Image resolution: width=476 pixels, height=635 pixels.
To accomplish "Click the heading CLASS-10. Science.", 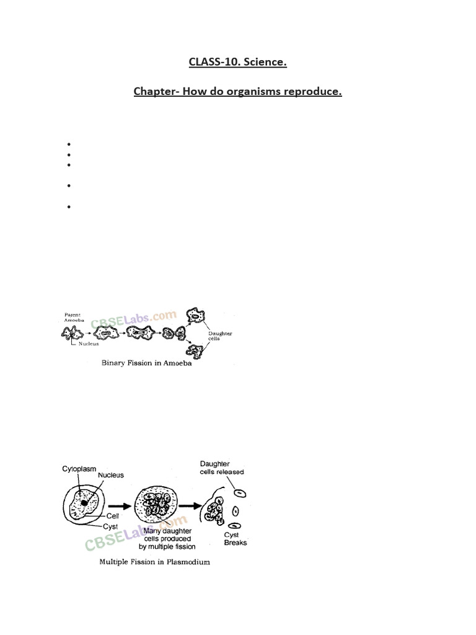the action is (x=237, y=62).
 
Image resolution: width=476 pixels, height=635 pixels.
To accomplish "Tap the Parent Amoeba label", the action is (x=74, y=317).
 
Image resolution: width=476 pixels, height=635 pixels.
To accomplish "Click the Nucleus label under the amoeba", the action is (x=89, y=344).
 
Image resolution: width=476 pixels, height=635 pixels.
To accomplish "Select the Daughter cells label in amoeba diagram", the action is (x=220, y=335).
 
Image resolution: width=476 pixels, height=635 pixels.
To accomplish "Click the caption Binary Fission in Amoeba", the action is (x=146, y=363).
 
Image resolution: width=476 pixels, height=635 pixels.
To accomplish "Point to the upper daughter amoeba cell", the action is (x=195, y=316).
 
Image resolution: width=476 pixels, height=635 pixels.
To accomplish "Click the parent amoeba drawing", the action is (x=72, y=333).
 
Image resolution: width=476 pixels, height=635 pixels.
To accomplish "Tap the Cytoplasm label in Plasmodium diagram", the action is (x=79, y=469).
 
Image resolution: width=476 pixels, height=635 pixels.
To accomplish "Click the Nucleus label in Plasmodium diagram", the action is (x=111, y=475).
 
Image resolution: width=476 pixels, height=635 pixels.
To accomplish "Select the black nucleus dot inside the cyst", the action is (x=84, y=502).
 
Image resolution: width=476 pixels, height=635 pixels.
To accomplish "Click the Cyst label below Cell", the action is (x=110, y=526).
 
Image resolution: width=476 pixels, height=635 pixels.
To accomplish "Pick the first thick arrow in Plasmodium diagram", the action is (x=120, y=506).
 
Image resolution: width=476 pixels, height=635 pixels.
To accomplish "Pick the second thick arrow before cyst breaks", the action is (x=190, y=506).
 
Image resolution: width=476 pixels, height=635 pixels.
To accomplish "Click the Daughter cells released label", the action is (x=222, y=468).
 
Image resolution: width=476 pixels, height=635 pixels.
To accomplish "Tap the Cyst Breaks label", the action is (x=235, y=539).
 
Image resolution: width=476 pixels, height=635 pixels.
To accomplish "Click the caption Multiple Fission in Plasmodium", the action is (x=154, y=562).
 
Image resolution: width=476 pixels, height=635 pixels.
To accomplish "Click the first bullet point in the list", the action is (x=69, y=144).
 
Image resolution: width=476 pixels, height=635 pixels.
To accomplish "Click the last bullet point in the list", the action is (x=69, y=207).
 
